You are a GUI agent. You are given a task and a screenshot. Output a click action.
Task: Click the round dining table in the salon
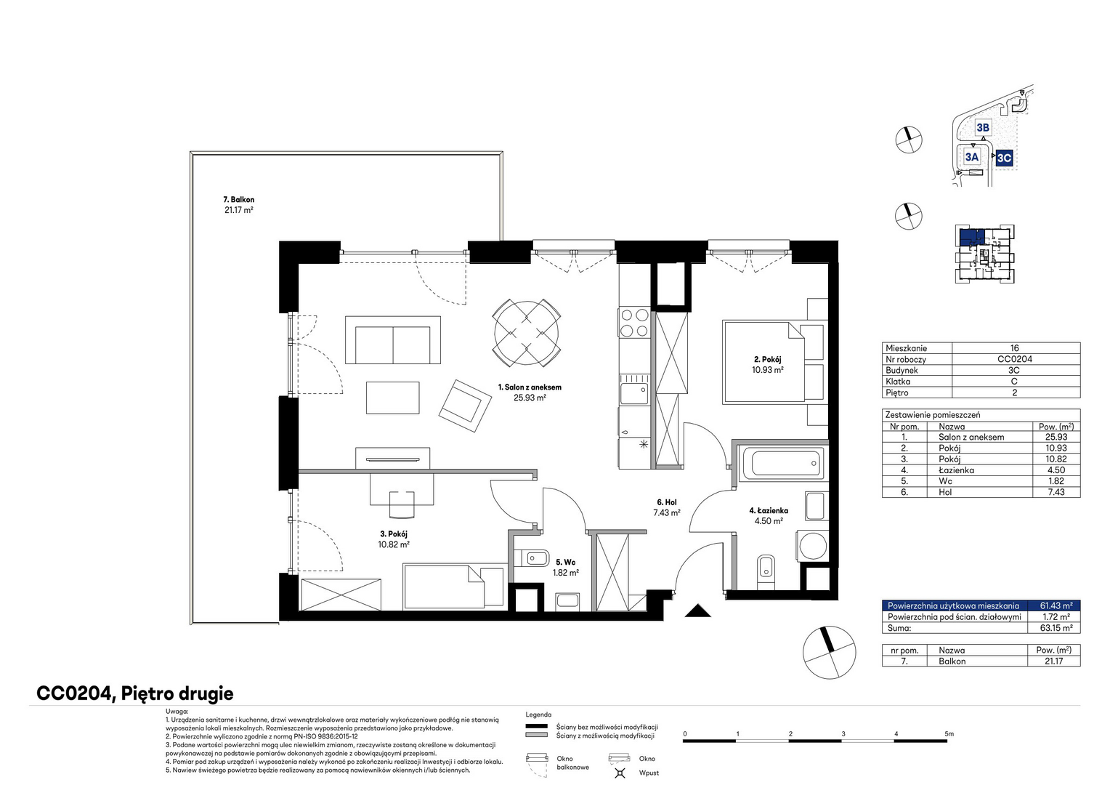click(526, 333)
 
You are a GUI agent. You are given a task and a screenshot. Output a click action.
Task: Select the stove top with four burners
click(634, 323)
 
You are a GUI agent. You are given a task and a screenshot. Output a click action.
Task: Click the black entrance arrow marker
click(697, 611)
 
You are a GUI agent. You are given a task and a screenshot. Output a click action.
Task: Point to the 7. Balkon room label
click(238, 199)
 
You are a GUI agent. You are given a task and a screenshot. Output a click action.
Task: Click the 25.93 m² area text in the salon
click(530, 397)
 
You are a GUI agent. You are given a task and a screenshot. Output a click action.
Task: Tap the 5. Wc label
click(565, 562)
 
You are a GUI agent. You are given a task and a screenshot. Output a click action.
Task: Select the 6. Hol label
click(666, 502)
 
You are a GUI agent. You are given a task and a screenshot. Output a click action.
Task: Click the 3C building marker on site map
click(1004, 158)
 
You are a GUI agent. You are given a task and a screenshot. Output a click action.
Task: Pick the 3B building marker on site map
click(983, 127)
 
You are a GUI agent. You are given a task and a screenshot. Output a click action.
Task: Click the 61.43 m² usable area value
click(1056, 605)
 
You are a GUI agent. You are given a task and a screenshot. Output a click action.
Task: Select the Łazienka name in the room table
click(956, 470)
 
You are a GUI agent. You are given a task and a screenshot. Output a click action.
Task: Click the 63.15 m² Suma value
click(1056, 628)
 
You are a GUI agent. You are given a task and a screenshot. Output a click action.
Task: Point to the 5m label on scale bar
click(949, 734)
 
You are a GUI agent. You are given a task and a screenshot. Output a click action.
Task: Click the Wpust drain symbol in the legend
click(620, 773)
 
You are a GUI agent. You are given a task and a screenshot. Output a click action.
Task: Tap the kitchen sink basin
click(634, 394)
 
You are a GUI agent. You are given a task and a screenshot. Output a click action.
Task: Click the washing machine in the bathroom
click(811, 546)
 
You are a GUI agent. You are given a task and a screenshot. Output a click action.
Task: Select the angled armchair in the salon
click(465, 406)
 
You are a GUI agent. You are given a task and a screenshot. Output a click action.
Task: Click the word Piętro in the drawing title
click(149, 693)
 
